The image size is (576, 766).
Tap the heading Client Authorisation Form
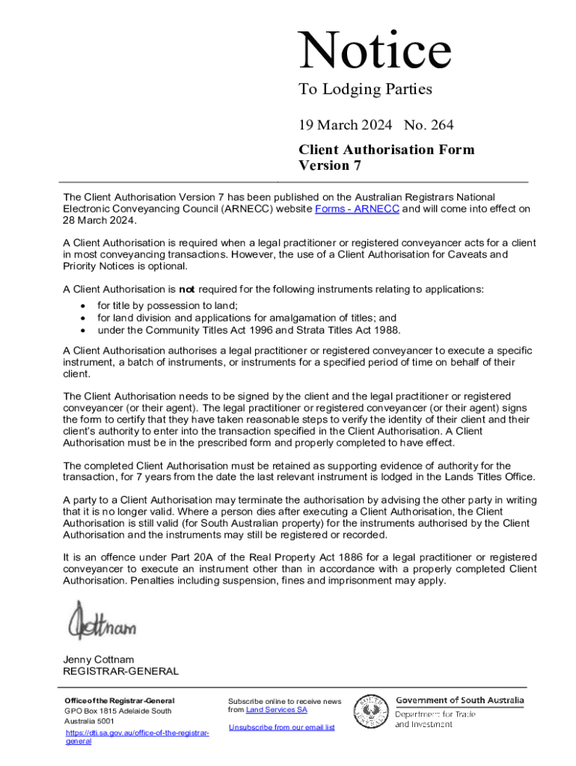click(386, 150)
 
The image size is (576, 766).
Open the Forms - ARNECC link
click(357, 209)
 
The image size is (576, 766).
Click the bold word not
click(186, 289)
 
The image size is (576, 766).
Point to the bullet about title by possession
click(168, 305)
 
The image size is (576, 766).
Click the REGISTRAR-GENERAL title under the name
click(120, 671)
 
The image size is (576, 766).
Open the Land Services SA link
click(276, 710)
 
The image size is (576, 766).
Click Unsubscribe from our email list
click(281, 727)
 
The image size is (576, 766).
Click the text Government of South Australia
click(459, 701)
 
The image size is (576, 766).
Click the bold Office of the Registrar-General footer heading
click(120, 700)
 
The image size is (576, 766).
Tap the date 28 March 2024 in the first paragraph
click(100, 221)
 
